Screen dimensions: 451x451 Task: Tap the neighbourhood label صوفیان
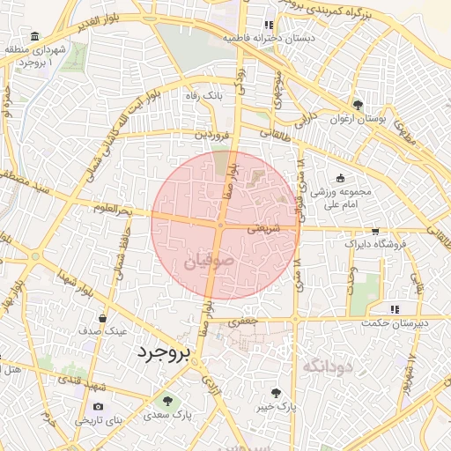point(211,261)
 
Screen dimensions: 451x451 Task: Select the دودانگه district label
point(327,365)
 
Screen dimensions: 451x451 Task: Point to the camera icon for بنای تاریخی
point(98,406)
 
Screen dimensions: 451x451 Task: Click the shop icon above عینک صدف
point(103,318)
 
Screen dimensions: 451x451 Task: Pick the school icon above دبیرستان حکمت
point(395,308)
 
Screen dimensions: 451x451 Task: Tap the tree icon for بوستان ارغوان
point(357,104)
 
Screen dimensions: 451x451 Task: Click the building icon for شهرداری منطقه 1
point(34,36)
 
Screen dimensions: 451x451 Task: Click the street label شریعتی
point(260,227)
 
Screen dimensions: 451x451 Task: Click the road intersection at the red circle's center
point(220,225)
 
